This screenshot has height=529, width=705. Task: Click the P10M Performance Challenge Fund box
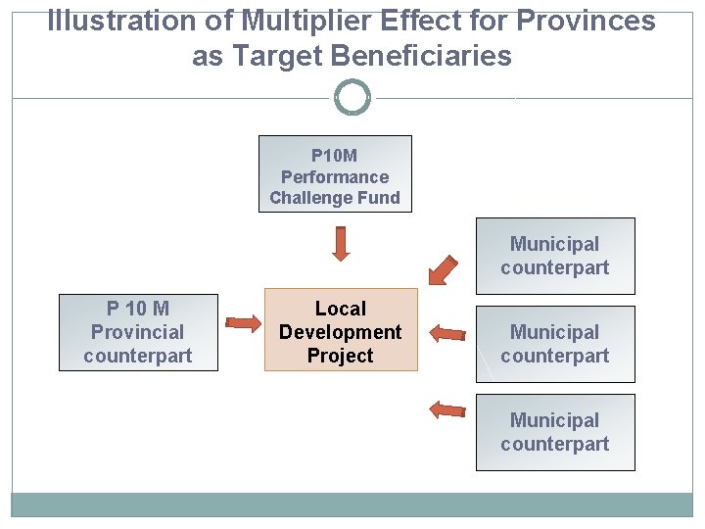tap(335, 174)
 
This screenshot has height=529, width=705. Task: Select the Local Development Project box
tap(341, 330)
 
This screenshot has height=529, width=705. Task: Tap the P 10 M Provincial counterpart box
tap(138, 332)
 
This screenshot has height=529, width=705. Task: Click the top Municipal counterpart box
tap(554, 256)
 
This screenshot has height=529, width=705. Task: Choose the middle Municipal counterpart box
tap(554, 344)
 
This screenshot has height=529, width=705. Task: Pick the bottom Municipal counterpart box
tap(554, 432)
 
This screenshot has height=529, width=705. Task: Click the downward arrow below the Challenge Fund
tap(341, 243)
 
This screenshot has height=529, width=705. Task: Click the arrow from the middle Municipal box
tap(447, 333)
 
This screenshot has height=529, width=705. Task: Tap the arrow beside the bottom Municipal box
tap(447, 409)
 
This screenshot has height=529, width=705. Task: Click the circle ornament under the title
tap(352, 98)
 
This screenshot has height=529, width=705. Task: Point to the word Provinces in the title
tap(587, 22)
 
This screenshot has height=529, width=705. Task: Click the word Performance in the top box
tap(335, 177)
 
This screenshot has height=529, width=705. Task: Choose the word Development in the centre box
tap(341, 332)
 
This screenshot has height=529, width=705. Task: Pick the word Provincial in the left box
tap(138, 332)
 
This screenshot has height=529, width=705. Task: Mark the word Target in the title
tap(284, 57)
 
